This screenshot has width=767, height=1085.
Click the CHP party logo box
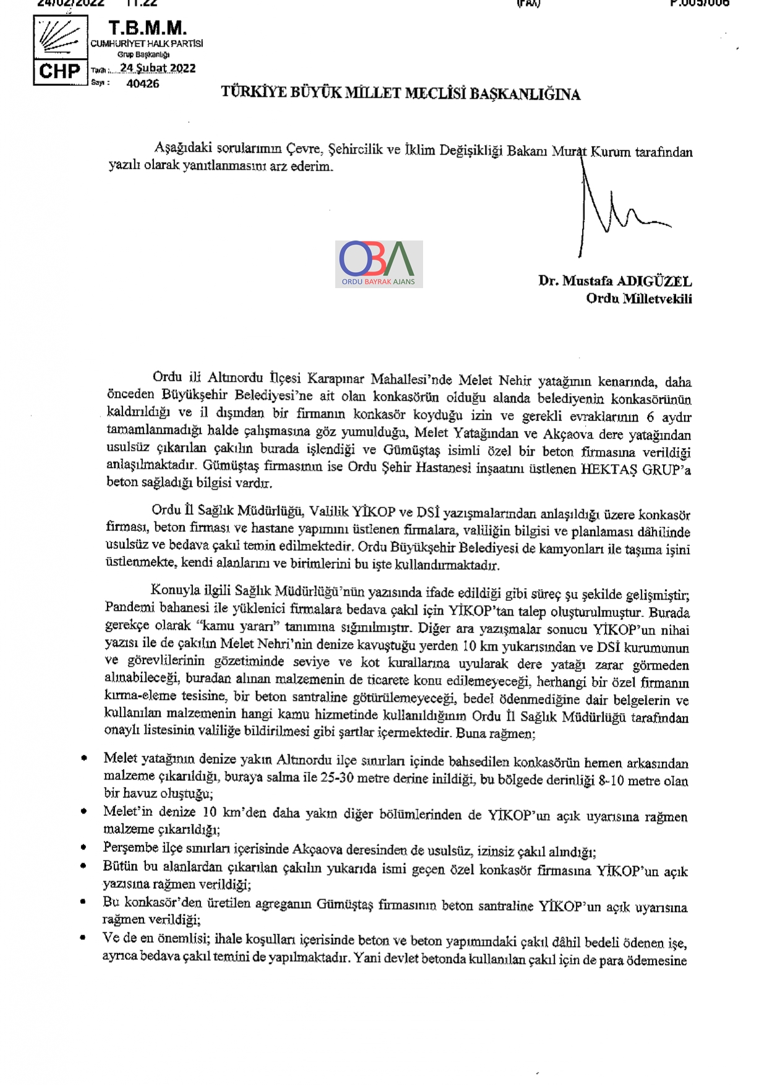(x=60, y=50)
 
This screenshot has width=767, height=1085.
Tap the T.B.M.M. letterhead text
(x=147, y=28)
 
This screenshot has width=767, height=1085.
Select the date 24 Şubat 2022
(x=158, y=68)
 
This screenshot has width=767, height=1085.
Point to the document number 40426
(x=142, y=83)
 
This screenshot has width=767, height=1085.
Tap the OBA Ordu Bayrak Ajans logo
(x=379, y=264)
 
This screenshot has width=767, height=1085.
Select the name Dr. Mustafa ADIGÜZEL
(x=615, y=281)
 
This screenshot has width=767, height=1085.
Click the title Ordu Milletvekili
(x=639, y=299)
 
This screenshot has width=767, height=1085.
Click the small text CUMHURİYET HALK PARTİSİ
(x=147, y=43)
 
